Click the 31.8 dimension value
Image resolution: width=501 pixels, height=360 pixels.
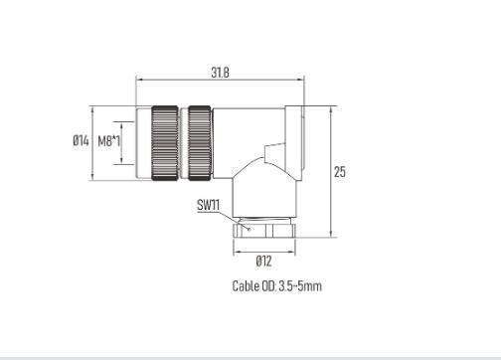(220, 72)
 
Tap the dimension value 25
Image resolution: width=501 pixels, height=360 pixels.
(340, 172)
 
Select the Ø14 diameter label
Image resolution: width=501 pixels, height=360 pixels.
(81, 140)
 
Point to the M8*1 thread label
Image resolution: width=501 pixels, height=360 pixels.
(109, 141)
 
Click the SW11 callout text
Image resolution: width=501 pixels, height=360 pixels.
(208, 205)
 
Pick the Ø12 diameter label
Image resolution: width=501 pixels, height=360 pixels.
(263, 261)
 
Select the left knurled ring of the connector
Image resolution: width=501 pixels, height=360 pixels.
(165, 143)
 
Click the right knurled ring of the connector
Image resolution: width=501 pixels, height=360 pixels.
(200, 143)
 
